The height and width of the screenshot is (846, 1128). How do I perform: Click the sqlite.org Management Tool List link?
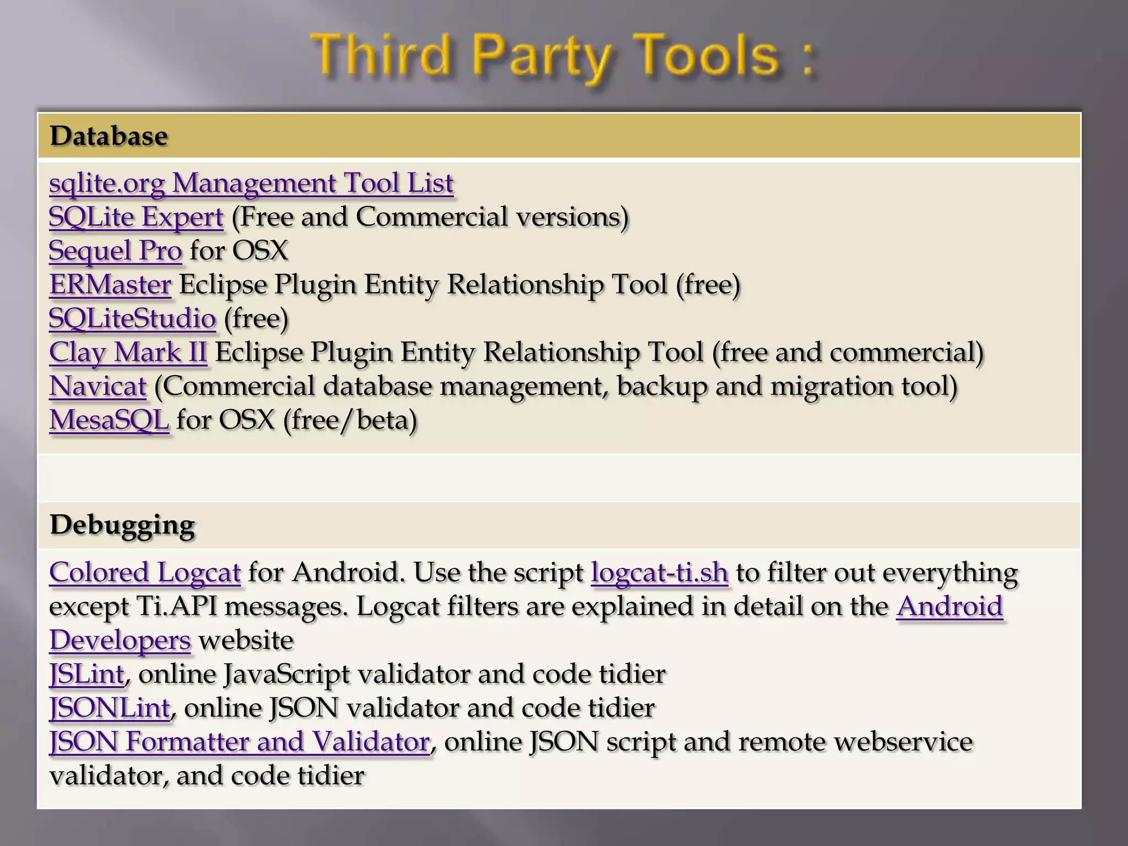[251, 183]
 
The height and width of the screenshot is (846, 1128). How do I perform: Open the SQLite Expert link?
[136, 217]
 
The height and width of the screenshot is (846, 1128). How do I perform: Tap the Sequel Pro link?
[115, 251]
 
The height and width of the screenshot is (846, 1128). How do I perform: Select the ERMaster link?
[110, 285]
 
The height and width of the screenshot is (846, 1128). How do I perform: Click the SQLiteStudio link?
[132, 318]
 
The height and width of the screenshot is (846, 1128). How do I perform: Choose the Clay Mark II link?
[128, 352]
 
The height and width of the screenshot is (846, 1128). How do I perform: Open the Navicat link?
[97, 386]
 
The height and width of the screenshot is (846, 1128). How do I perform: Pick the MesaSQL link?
[109, 420]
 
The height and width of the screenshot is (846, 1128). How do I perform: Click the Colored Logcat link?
[145, 573]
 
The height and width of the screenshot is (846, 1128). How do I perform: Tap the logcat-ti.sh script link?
[659, 573]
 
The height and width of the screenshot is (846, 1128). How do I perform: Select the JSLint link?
[86, 674]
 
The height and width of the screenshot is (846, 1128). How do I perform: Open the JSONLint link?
[109, 708]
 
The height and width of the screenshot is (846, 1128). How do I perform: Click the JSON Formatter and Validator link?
[239, 742]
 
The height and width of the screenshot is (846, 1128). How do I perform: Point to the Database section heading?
[109, 136]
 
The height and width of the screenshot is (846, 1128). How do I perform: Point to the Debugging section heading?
[122, 525]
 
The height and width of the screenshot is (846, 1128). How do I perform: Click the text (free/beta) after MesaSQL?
[350, 420]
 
